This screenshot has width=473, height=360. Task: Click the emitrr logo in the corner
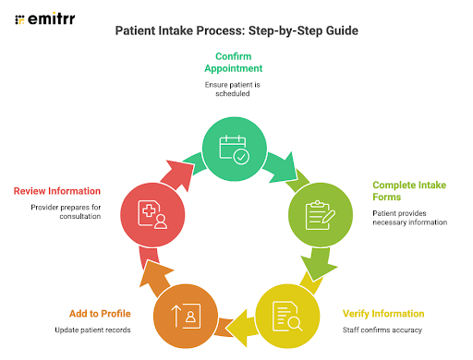[x=46, y=18]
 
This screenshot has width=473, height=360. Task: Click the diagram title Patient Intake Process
[x=236, y=30]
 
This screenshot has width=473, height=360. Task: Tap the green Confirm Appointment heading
[x=235, y=61]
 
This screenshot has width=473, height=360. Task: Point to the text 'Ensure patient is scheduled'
[x=235, y=90]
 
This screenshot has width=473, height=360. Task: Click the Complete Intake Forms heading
[x=408, y=191]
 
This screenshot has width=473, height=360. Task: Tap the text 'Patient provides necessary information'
[x=409, y=217]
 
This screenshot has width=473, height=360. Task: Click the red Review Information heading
[x=62, y=191]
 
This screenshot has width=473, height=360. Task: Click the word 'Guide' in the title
[x=340, y=30]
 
